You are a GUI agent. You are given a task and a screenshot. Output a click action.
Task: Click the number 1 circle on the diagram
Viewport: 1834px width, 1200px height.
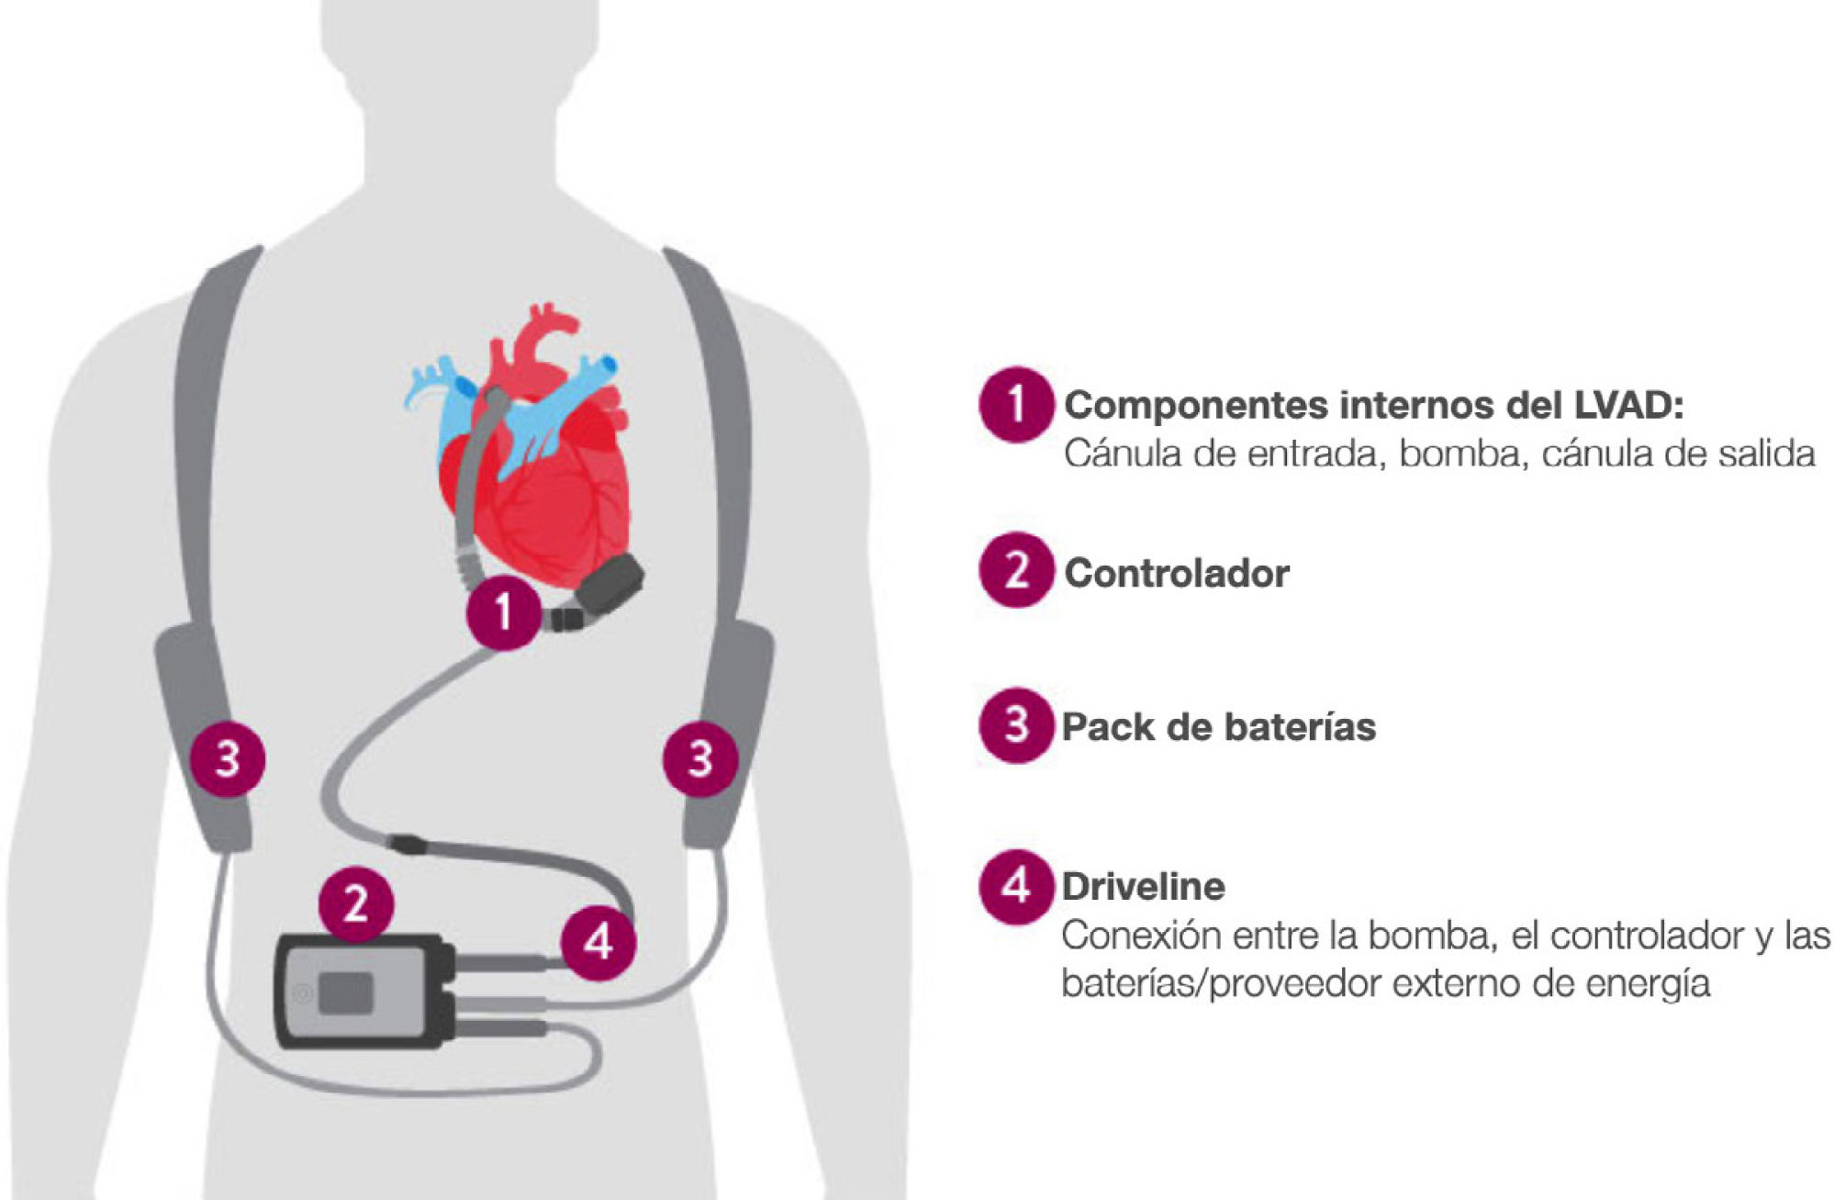coord(503,612)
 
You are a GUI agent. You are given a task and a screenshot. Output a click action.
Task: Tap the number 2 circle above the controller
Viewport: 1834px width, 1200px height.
coord(356,904)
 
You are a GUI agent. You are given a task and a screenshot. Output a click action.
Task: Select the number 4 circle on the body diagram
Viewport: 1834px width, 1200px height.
coord(598,941)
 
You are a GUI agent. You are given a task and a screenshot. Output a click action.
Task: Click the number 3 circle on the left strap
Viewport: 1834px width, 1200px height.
coord(228,759)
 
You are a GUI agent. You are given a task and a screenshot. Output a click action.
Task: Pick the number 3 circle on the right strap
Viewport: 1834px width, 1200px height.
coord(700,759)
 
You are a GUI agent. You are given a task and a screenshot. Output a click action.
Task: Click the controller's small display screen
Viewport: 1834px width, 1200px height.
coord(345,993)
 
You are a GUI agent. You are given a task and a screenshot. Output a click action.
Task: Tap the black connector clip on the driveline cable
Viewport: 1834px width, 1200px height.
coord(405,842)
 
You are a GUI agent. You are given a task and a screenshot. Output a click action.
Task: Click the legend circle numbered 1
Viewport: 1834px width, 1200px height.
coord(1015,404)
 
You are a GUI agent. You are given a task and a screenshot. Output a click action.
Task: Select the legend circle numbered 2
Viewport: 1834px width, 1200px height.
coord(1015,571)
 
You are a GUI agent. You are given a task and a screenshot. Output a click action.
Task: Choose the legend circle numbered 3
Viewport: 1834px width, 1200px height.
coord(1015,725)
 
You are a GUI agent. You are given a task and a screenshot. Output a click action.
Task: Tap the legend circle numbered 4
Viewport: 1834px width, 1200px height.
coord(1015,887)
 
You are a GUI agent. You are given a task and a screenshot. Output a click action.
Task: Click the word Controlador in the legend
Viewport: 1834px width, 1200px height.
coord(1177,574)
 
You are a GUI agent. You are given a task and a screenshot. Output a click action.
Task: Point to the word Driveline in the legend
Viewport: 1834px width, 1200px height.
coord(1144,887)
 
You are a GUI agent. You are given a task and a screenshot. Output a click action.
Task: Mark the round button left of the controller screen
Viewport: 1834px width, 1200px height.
coord(300,994)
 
